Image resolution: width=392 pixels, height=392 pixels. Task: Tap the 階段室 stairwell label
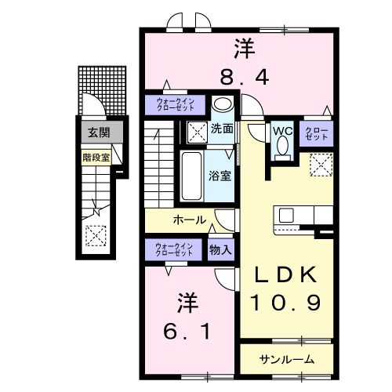click(96, 156)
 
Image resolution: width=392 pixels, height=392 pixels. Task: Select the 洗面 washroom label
click(222, 129)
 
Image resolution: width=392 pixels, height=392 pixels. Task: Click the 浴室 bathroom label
click(220, 176)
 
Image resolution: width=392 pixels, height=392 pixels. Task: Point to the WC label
click(282, 131)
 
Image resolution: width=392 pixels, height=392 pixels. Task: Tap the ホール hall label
click(189, 220)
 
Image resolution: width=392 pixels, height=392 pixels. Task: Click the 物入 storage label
click(220, 251)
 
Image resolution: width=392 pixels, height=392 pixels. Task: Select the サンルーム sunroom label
click(287, 359)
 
